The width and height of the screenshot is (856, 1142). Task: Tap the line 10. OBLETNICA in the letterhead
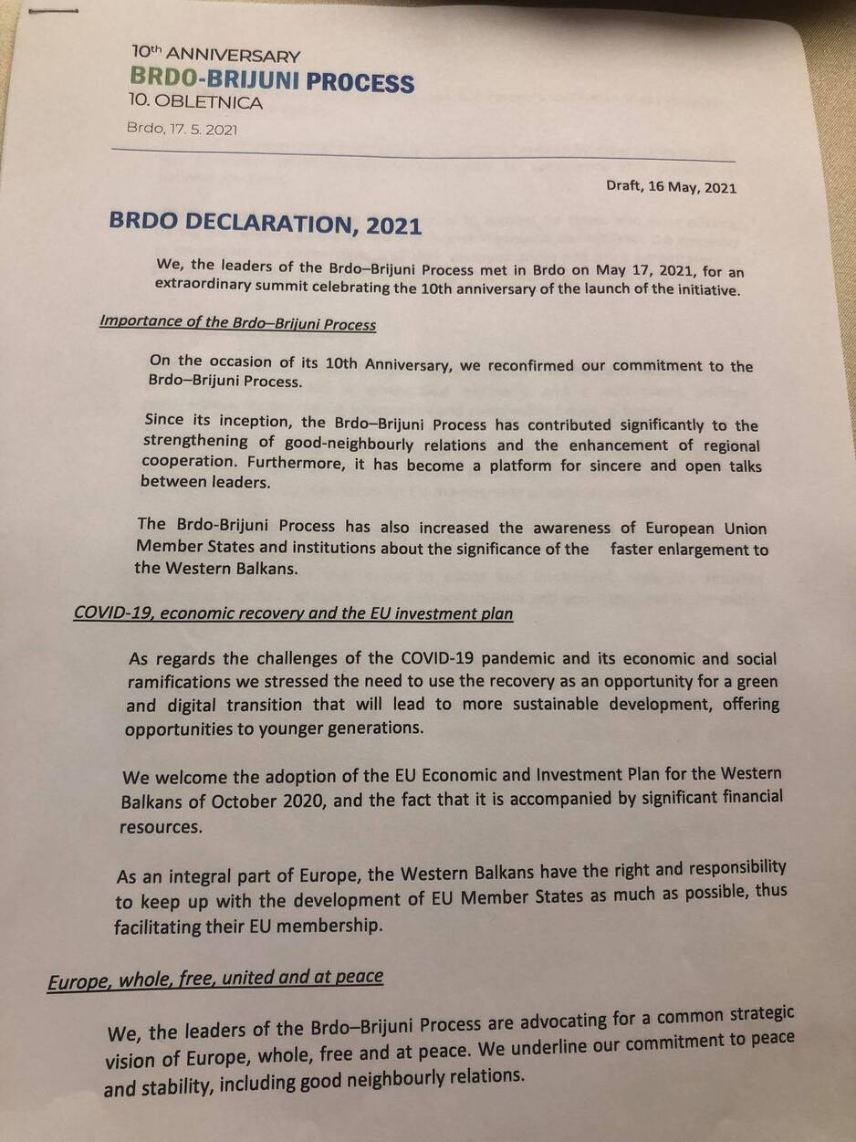click(196, 103)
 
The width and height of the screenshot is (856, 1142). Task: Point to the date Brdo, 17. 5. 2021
click(182, 130)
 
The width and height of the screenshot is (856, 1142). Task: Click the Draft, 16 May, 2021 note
click(671, 188)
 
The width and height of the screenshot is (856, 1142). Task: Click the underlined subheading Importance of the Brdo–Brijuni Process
click(237, 323)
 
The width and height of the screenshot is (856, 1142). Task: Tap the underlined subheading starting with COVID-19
click(293, 613)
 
